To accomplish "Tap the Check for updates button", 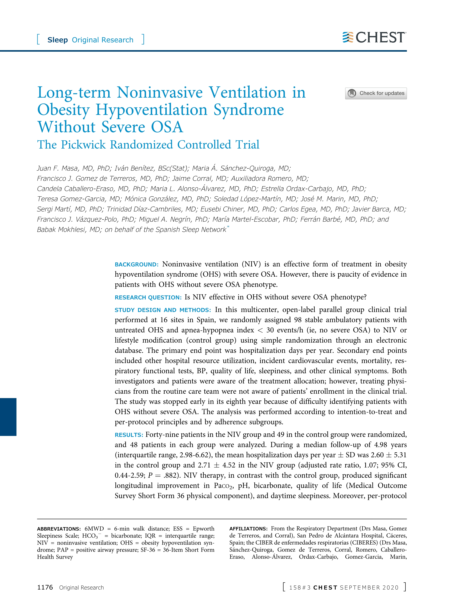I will click(x=376, y=93).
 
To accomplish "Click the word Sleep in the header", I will click(x=58, y=40).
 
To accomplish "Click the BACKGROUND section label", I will click(x=136, y=265).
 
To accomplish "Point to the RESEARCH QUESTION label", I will click(x=148, y=297).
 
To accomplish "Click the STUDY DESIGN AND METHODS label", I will click(x=162, y=310).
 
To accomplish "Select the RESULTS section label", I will click(x=129, y=435).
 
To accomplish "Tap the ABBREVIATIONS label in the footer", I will click(x=58, y=529).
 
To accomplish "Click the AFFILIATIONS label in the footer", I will click(x=248, y=529).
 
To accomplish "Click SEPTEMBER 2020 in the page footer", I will click(x=369, y=588).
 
